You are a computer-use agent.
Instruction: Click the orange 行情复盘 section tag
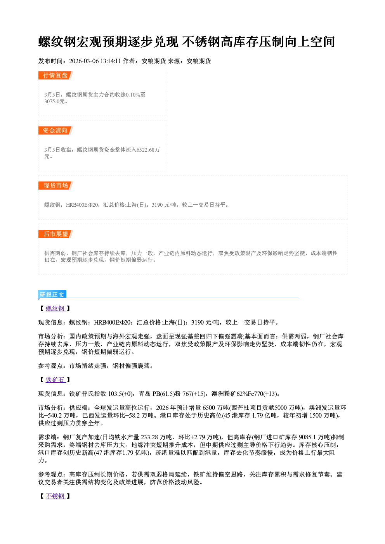(x=55, y=75)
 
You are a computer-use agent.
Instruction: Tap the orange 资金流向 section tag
(x=55, y=130)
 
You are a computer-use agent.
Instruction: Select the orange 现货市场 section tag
(x=55, y=186)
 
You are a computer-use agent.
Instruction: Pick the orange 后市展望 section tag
(x=55, y=234)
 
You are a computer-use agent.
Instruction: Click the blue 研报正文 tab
(x=52, y=294)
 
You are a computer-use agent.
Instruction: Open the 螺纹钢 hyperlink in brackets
(x=55, y=308)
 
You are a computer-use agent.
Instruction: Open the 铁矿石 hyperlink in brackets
(x=55, y=380)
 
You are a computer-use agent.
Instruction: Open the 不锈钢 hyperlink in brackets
(x=55, y=496)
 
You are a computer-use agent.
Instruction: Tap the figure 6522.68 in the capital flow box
(x=146, y=150)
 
